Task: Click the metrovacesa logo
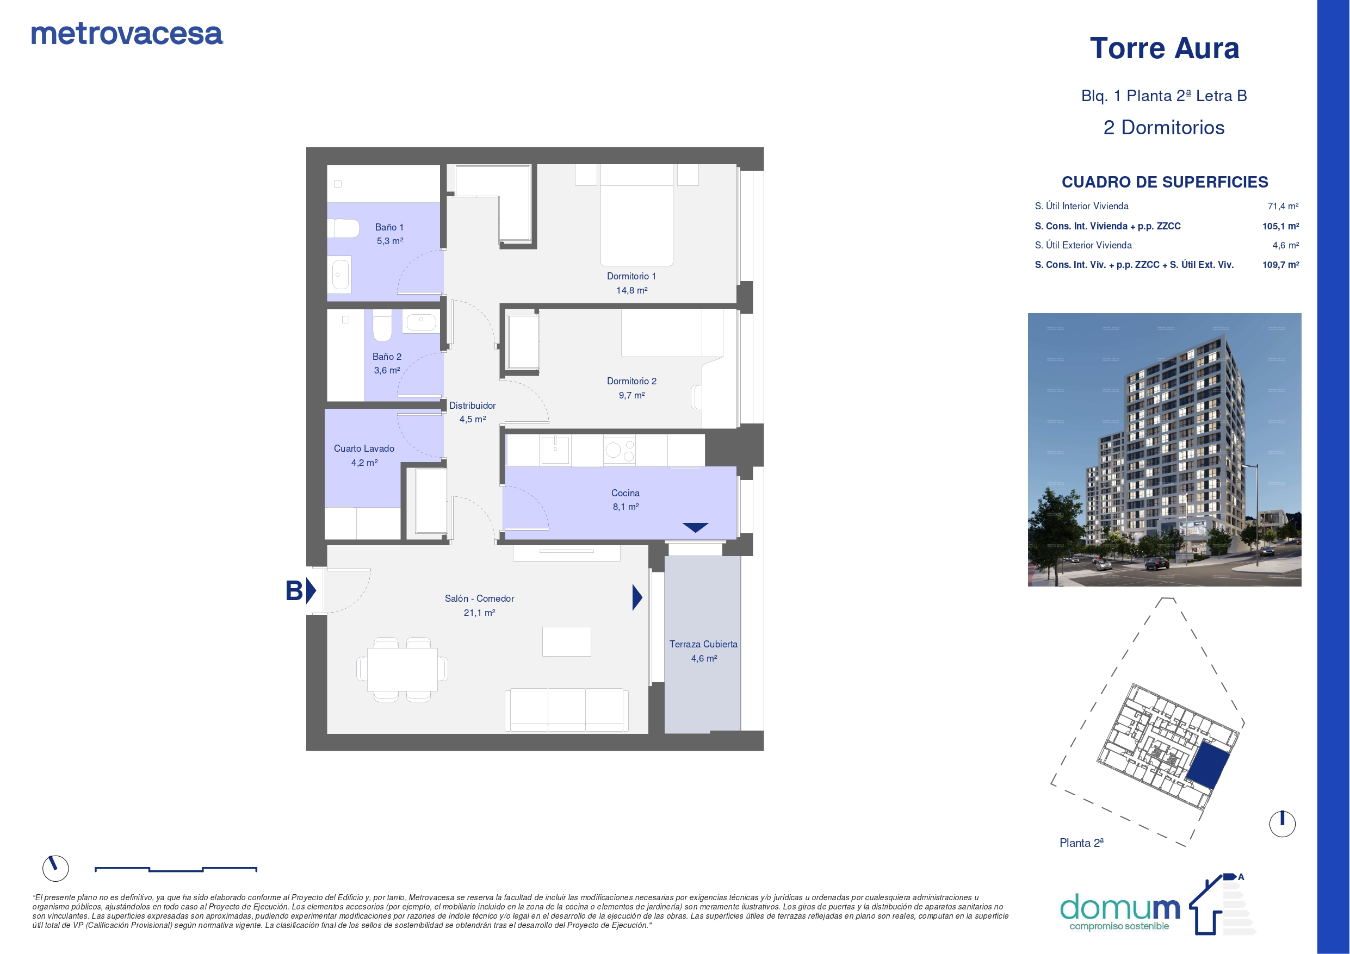[x=126, y=34]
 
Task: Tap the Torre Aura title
[x=1164, y=48]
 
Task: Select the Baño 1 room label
[x=389, y=227]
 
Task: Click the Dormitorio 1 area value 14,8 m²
[x=631, y=290]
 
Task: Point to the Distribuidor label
[x=472, y=406]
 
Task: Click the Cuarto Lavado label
[x=364, y=448]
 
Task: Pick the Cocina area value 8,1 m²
[x=626, y=507]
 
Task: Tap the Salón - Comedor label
[x=479, y=598]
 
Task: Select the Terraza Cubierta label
[x=703, y=644]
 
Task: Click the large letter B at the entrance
[x=294, y=591]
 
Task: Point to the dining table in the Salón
[x=402, y=670]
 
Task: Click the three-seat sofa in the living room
[x=566, y=710]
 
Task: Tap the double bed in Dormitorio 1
[x=636, y=215]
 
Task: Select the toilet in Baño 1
[x=343, y=229]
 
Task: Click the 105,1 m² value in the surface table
[x=1280, y=226]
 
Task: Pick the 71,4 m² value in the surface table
[x=1283, y=207]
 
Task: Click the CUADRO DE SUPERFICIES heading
[x=1165, y=182]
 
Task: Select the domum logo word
[x=1120, y=908]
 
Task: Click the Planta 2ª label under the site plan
[x=1081, y=843]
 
